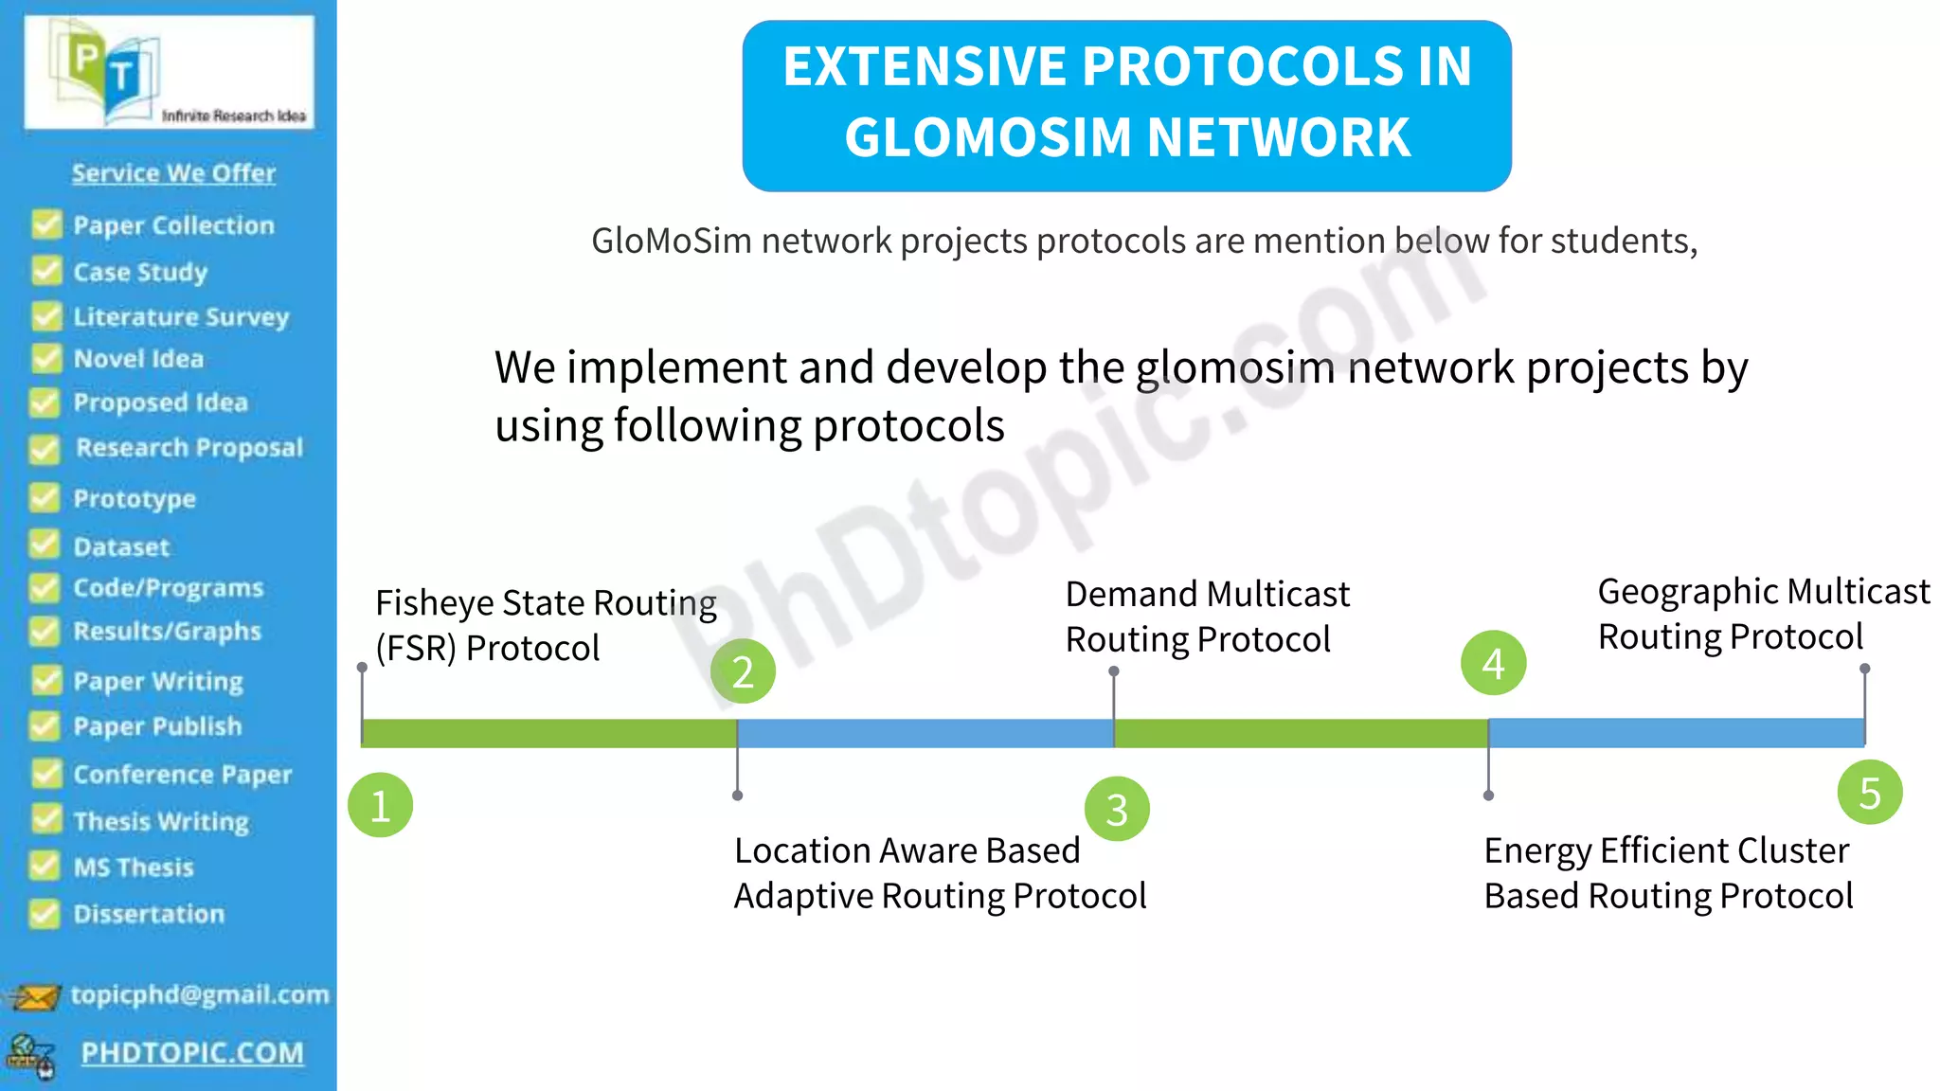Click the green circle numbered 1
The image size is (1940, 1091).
tap(380, 806)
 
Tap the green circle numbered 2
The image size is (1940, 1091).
tap(743, 671)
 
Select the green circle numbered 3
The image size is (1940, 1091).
tap(1117, 810)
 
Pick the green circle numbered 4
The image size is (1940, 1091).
tap(1493, 663)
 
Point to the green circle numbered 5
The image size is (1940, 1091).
tap(1869, 793)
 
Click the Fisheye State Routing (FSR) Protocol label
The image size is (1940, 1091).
tap(545, 625)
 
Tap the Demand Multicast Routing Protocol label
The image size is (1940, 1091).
tap(1207, 617)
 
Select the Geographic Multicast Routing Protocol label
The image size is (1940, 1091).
tap(1762, 614)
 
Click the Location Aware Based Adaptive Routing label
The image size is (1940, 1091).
tap(939, 873)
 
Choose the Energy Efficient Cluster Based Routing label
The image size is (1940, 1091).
tap(1667, 873)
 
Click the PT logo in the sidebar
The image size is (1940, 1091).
tap(169, 72)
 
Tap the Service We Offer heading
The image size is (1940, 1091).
tap(173, 173)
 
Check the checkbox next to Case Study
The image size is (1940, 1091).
tap(45, 271)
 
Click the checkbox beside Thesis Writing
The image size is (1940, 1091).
tap(45, 819)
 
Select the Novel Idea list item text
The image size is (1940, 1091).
tap(138, 359)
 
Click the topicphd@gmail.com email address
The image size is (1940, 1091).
tap(200, 994)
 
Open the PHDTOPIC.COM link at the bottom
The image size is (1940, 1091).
tap(192, 1053)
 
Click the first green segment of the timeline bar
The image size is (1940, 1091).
tap(548, 733)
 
